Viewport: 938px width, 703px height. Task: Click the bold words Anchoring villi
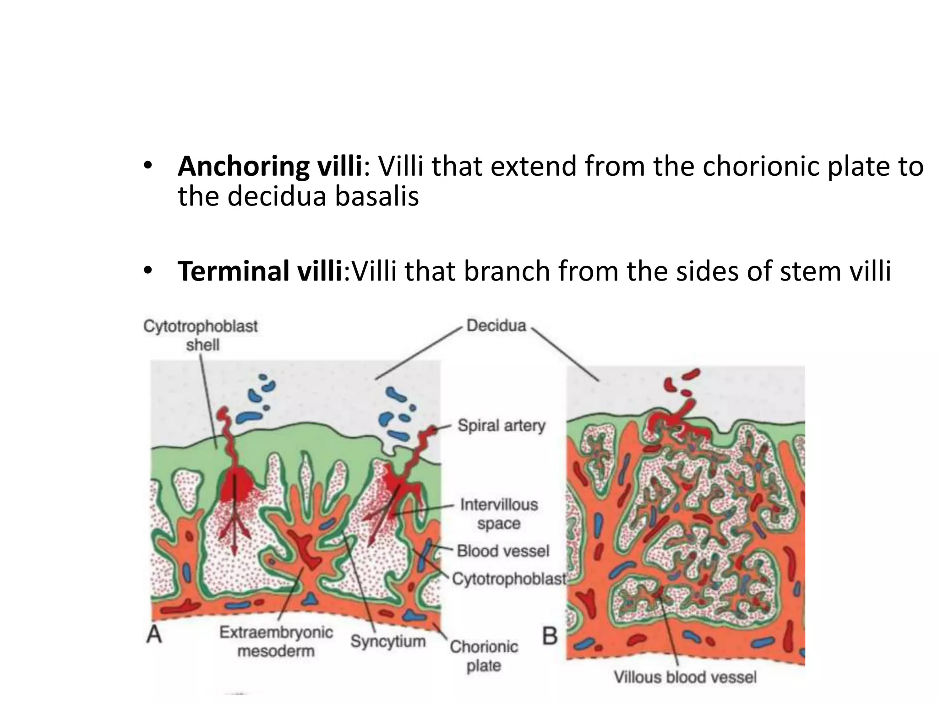coord(270,167)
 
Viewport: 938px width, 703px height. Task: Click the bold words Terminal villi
coord(260,271)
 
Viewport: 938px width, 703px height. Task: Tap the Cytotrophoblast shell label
coord(201,335)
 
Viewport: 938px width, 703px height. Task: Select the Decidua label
coord(496,325)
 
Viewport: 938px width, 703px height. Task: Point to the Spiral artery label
coord(502,426)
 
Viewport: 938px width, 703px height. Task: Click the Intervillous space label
coord(499,514)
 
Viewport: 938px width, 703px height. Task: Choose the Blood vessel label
coord(503,551)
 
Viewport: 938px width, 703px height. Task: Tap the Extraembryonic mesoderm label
coord(276,641)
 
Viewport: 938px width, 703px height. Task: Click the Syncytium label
coord(388,641)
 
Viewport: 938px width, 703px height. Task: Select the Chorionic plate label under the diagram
coord(484,656)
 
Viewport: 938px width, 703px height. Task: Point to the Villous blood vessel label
coord(685,677)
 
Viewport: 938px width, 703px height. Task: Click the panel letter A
coord(154,634)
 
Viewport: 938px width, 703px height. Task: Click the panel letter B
coord(550,636)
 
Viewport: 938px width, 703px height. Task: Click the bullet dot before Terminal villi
coord(147,271)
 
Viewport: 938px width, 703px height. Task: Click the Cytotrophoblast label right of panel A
coord(509,579)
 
